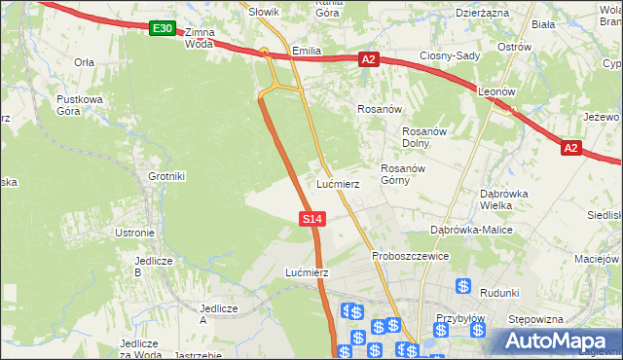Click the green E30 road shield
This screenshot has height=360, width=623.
[163, 30]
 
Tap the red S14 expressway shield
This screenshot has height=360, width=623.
[311, 220]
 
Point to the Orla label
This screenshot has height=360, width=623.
[84, 61]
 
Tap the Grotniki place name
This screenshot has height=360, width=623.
[166, 176]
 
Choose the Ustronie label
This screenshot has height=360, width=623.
[135, 233]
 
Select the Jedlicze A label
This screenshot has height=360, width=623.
[218, 313]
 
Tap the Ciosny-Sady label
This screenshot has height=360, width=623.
[450, 55]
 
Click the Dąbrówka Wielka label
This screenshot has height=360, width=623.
[503, 198]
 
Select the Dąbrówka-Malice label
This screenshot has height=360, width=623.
[471, 230]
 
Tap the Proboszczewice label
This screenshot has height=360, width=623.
[410, 256]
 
